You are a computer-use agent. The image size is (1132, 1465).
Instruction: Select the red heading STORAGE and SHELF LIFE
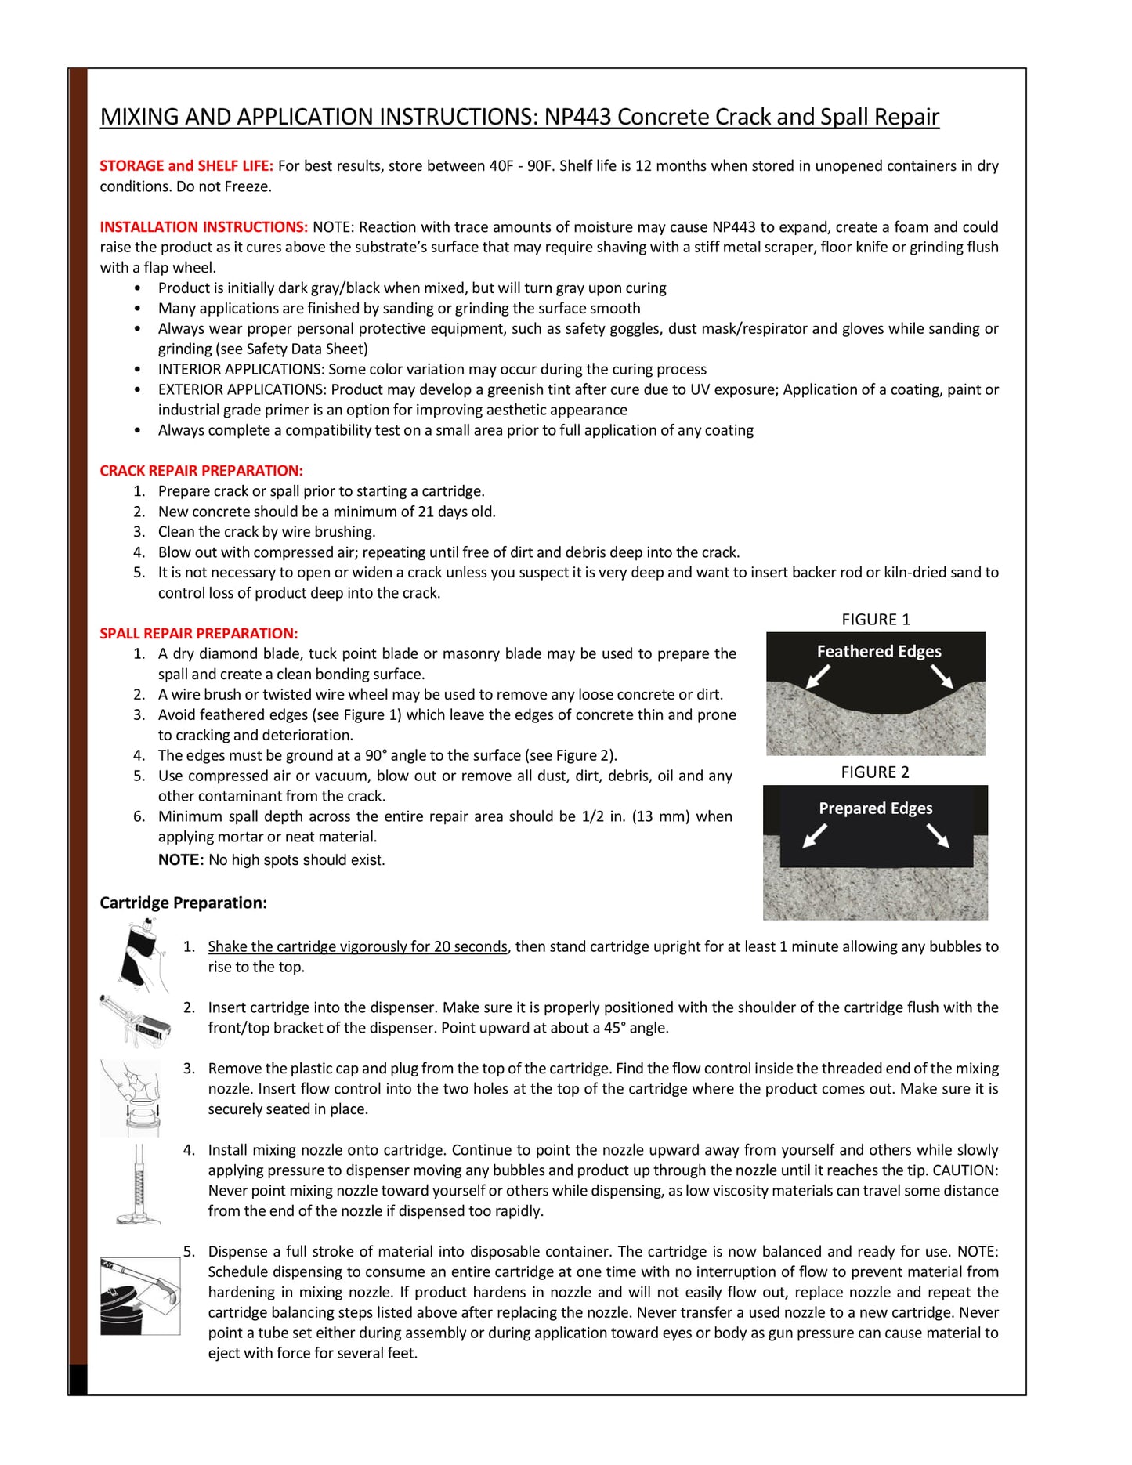click(186, 165)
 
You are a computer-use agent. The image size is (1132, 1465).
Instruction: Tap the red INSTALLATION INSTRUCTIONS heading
click(204, 226)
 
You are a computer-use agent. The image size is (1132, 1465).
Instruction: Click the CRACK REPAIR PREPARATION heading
click(201, 470)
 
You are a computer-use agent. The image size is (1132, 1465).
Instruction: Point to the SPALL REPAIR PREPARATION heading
click(199, 633)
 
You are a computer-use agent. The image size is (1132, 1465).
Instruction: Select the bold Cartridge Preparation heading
click(183, 903)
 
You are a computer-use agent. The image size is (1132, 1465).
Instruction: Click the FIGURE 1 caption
click(876, 619)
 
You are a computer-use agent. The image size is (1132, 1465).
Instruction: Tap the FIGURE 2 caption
click(875, 772)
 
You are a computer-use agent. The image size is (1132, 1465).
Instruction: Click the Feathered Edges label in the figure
click(879, 651)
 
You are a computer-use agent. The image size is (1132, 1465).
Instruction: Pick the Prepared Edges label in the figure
click(876, 808)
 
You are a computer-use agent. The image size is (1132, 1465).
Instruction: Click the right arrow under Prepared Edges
click(938, 836)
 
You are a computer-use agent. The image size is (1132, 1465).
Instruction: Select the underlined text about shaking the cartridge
click(357, 946)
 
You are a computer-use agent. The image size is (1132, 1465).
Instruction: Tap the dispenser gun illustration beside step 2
click(136, 1021)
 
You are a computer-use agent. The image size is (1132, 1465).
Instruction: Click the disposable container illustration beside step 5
click(139, 1296)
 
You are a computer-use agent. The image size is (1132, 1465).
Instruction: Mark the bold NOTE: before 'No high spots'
click(181, 859)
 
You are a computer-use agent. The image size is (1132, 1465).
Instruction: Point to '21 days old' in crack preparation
click(456, 512)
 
